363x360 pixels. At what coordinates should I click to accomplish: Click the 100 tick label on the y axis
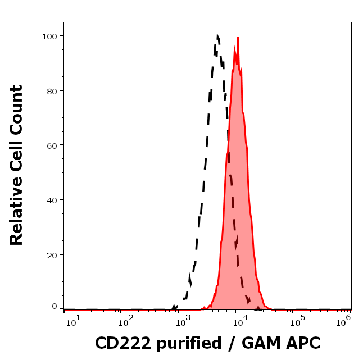50,36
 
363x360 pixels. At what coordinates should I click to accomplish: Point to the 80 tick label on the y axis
52,90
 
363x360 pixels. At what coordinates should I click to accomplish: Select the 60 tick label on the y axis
52,145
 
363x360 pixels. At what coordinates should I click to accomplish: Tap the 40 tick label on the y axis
52,200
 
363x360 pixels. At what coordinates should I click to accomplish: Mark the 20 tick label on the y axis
52,254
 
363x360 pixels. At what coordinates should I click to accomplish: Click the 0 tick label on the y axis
55,307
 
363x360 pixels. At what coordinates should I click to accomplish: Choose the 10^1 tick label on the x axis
74,321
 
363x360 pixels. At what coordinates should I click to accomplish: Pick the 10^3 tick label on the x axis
183,321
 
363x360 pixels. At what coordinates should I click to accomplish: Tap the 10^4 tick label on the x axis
241,321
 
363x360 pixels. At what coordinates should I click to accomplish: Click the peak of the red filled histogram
238,38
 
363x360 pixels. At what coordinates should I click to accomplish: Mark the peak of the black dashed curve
217,35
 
